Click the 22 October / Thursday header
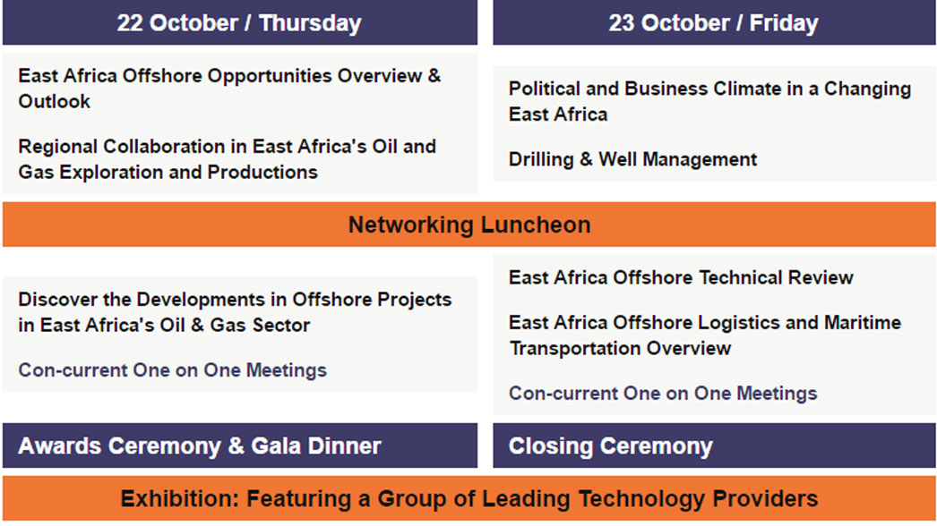point(239,22)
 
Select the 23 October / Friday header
point(714,22)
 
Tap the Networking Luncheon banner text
point(469,225)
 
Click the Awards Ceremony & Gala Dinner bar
point(240,445)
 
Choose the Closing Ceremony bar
point(714,445)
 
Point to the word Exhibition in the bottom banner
point(178,498)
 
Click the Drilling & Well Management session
point(632,159)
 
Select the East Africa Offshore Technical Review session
point(681,277)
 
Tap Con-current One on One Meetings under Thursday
point(173,370)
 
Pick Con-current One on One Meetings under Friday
point(663,394)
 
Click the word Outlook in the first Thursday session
point(55,101)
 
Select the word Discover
point(57,299)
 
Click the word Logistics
point(739,323)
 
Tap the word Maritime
point(863,322)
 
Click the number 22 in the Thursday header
point(130,23)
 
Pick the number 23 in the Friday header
point(622,23)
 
